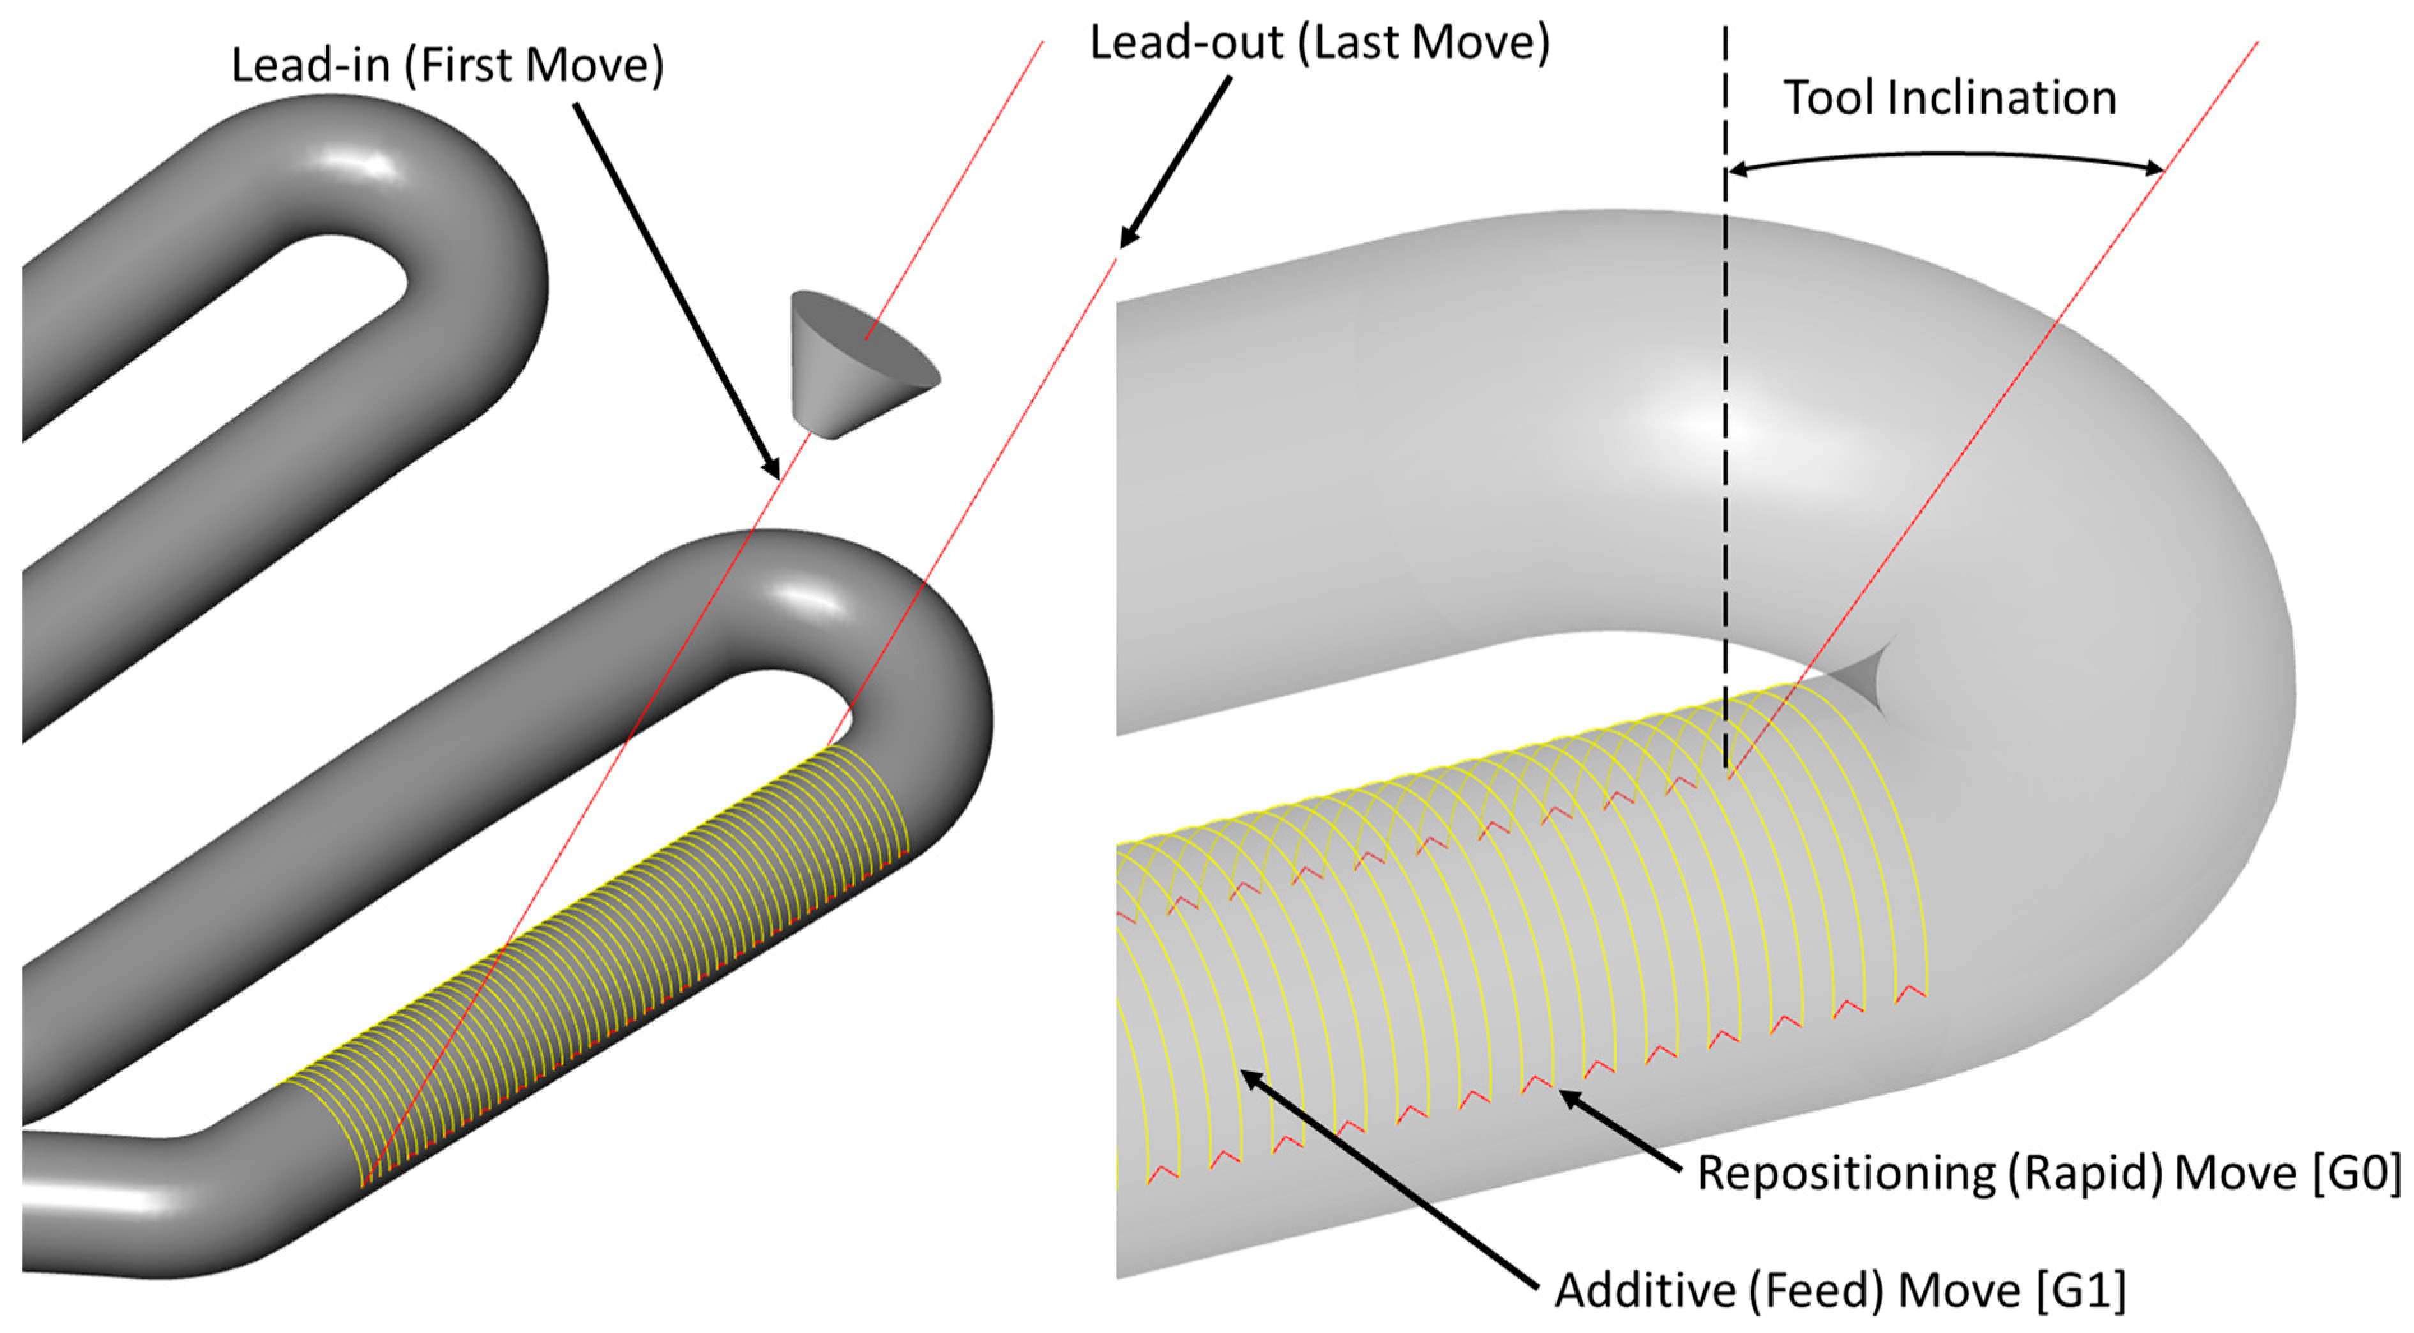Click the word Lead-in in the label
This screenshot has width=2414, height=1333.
[309, 66]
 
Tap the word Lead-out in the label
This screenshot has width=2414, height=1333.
[1186, 43]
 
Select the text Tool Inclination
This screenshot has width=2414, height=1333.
[1949, 98]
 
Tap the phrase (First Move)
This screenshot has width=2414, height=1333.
[534, 66]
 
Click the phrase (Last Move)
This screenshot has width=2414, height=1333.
[1424, 43]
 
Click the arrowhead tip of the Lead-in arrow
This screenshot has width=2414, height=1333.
[775, 473]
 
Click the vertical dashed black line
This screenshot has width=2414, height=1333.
[1725, 469]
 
